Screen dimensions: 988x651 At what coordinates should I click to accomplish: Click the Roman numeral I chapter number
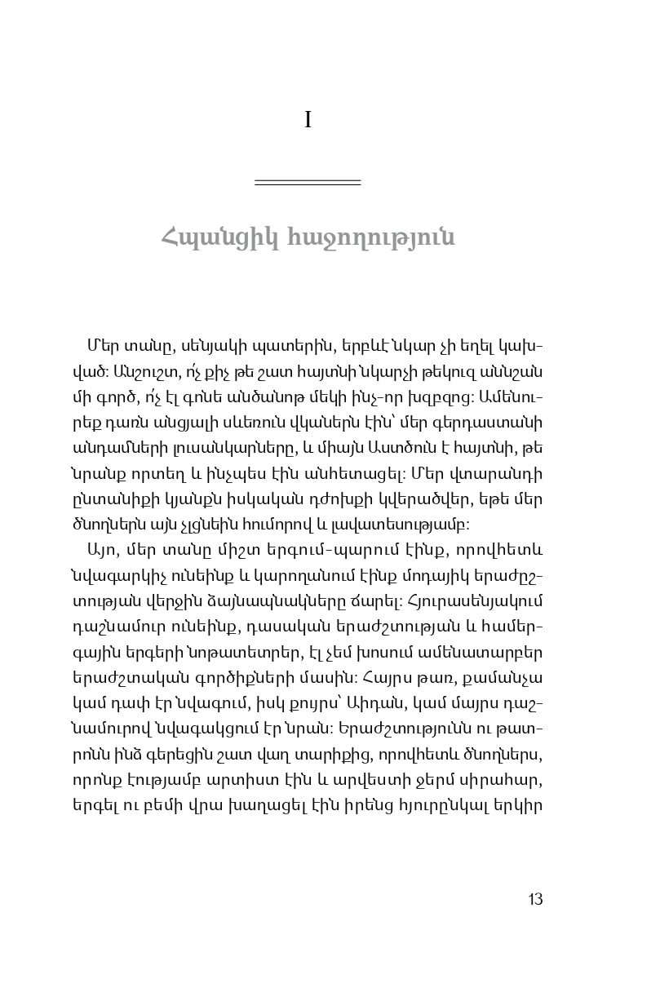[x=308, y=121]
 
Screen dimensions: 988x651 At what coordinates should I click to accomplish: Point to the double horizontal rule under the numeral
[x=308, y=182]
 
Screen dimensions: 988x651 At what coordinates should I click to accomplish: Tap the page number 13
[x=535, y=900]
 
